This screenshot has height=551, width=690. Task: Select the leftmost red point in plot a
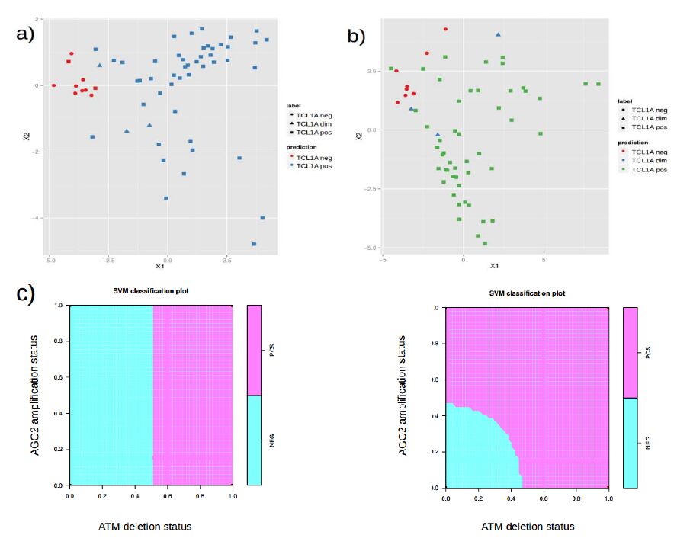53,85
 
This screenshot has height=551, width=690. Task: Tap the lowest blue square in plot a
254,244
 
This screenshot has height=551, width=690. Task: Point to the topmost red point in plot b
445,29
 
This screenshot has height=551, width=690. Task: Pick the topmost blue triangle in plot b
498,34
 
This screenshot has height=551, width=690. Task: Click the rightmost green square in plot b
599,84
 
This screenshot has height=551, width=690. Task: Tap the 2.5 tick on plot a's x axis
226,260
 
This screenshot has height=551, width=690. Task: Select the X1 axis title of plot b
494,266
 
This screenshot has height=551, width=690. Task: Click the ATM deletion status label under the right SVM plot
528,527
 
